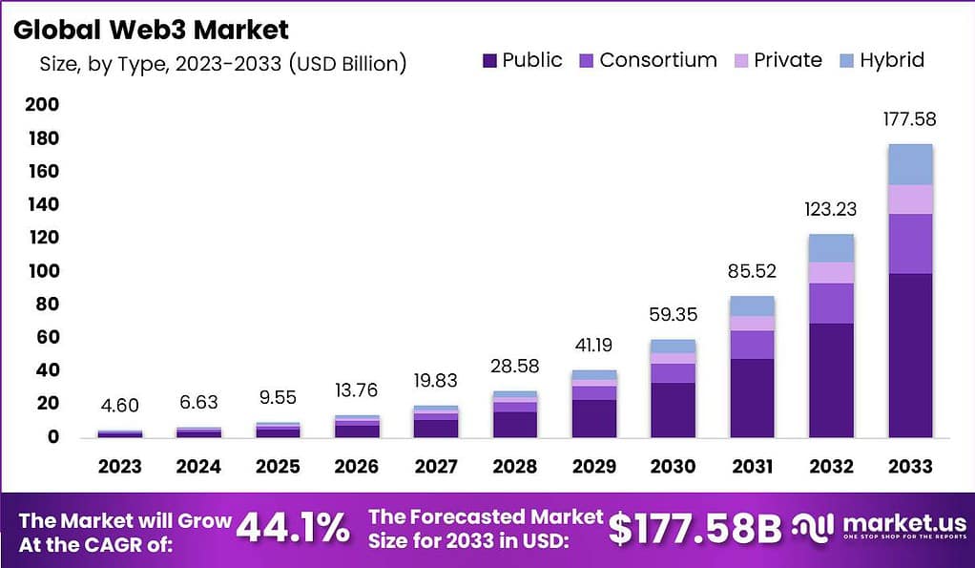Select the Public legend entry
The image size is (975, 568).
(523, 60)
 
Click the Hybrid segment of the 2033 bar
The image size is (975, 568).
(909, 164)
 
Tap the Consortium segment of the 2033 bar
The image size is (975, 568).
(909, 243)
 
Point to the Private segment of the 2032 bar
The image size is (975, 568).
(831, 272)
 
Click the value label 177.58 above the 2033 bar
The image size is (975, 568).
(909, 119)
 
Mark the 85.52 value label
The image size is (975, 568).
(753, 272)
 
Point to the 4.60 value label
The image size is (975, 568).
(120, 406)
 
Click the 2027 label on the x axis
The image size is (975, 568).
(435, 467)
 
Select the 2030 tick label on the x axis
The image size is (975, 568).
(674, 467)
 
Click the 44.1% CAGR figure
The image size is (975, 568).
(293, 528)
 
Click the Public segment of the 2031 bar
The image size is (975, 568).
(753, 398)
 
